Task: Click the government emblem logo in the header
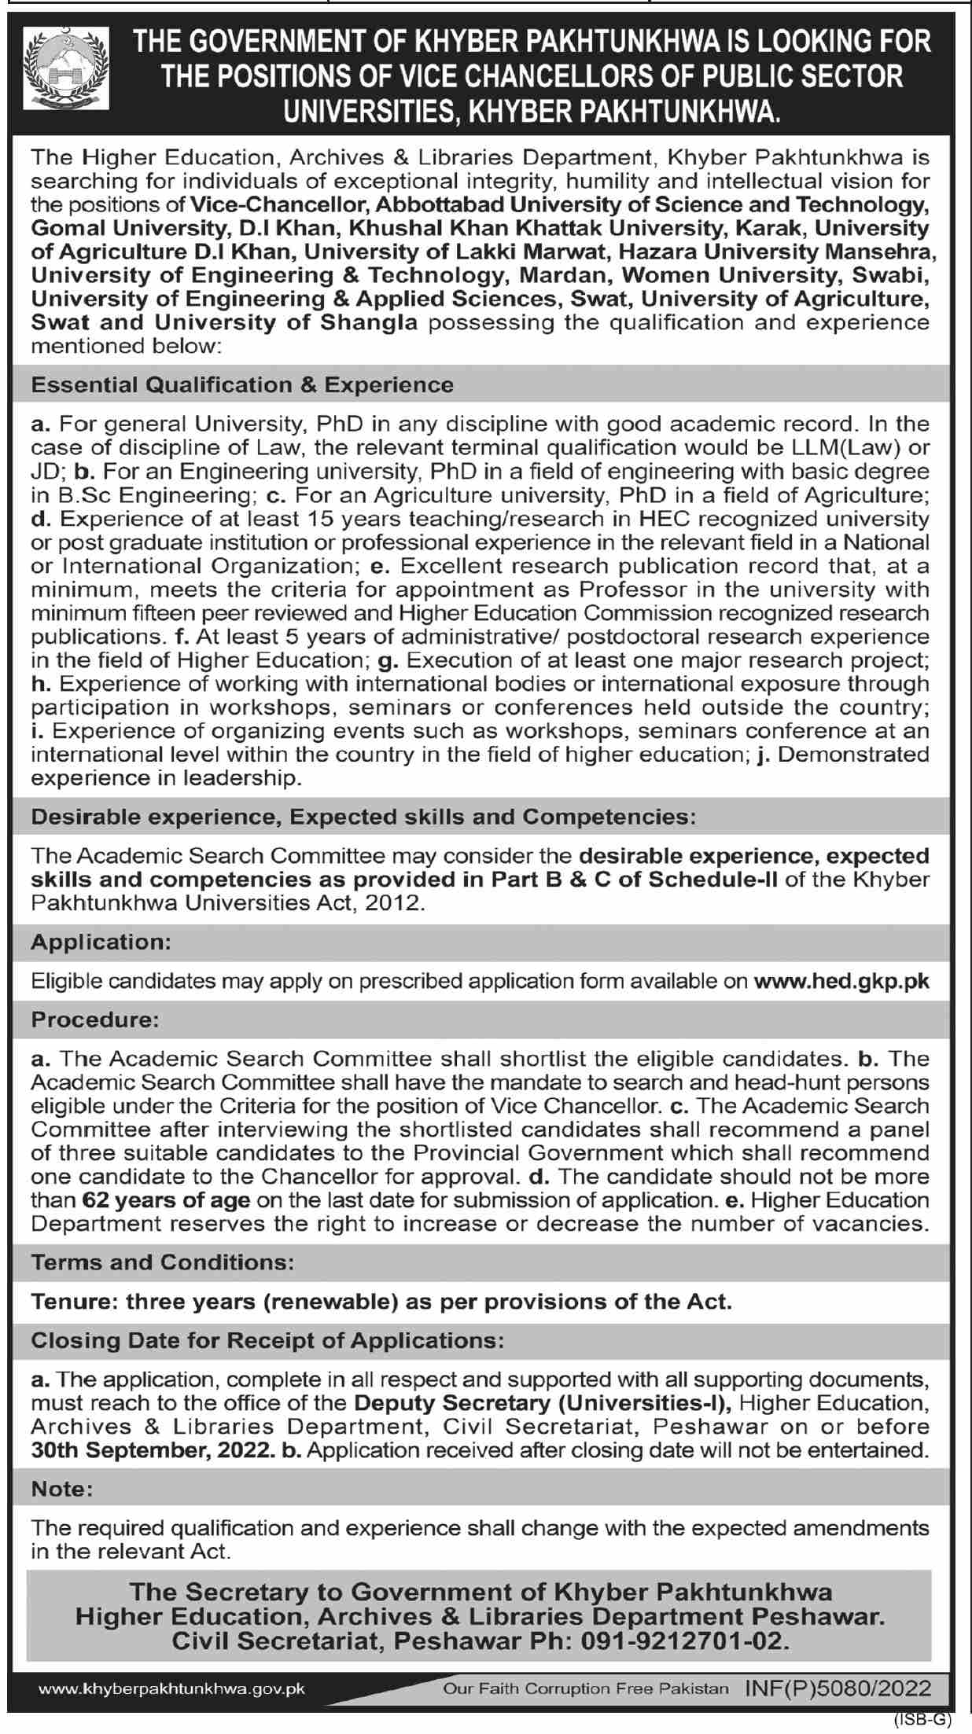66,68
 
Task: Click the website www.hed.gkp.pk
841,980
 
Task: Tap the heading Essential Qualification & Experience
242,384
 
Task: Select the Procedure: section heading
95,1019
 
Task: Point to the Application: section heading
101,941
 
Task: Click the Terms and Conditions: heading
163,1262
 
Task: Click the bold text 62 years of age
166,1200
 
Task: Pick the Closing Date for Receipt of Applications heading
267,1340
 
